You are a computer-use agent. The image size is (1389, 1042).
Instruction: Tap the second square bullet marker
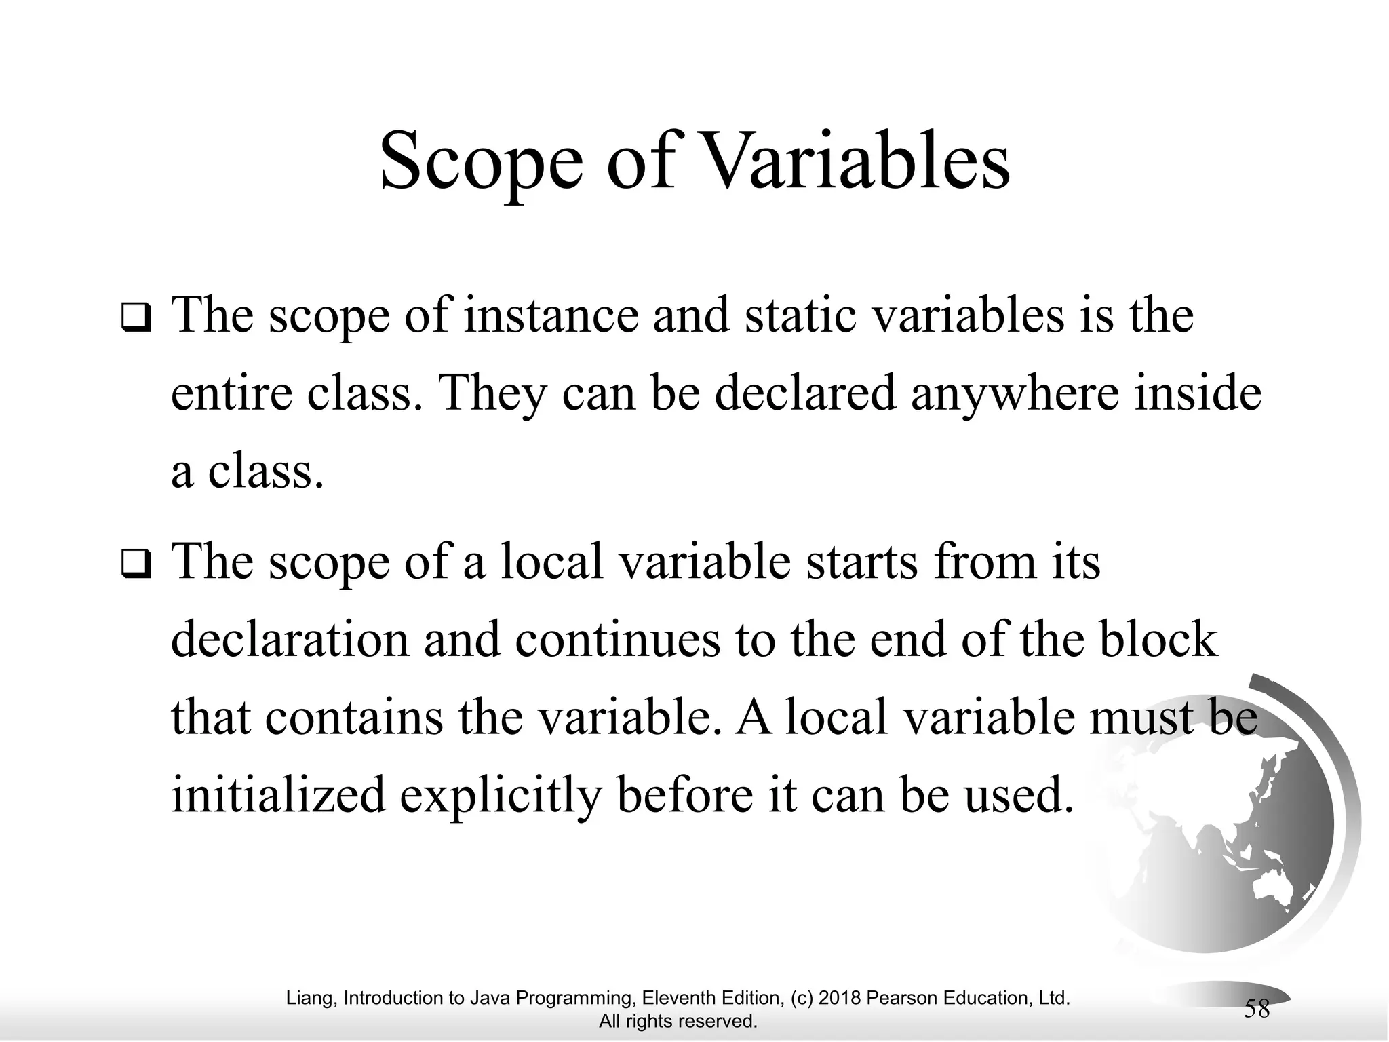coord(136,564)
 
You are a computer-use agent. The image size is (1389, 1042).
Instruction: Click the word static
coord(800,316)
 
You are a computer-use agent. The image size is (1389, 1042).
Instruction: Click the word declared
coord(806,393)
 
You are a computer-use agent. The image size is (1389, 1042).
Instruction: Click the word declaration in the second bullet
coord(290,639)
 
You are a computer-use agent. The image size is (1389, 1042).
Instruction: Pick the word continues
coord(617,639)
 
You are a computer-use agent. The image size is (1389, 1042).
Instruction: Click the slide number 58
coord(1257,1009)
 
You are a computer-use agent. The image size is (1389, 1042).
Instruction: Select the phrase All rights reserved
coord(678,1021)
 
